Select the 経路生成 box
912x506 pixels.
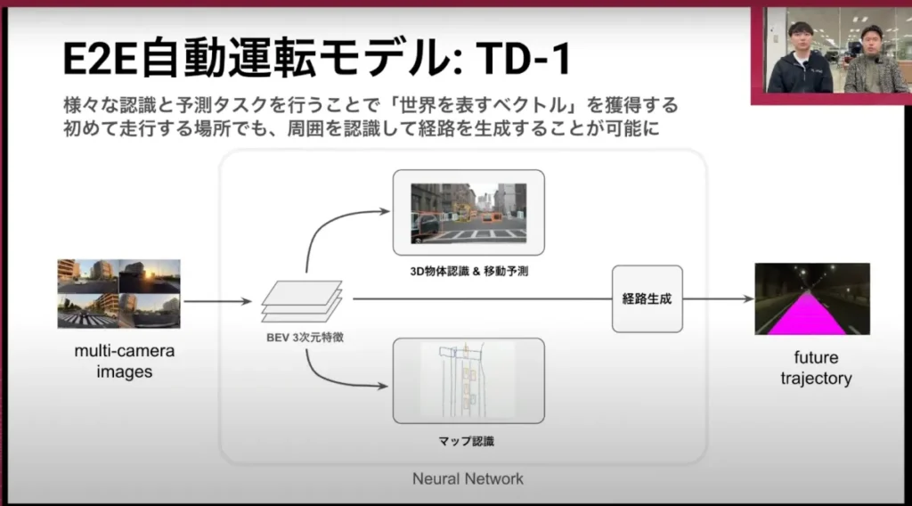[x=647, y=299]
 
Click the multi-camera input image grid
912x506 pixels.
[x=119, y=293]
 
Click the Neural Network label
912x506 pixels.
[x=468, y=478]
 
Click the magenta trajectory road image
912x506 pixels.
[x=811, y=299]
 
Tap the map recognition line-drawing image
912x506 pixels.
[x=468, y=380]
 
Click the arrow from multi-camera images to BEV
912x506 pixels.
[x=218, y=301]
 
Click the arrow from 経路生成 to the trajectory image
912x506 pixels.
[x=717, y=300]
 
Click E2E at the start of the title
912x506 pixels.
[x=98, y=60]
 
